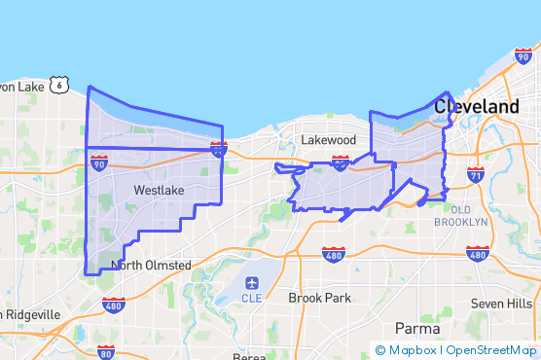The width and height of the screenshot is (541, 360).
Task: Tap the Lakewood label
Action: coord(328,140)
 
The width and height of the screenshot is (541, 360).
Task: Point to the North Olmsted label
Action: coord(149,265)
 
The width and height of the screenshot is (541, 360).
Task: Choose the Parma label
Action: coord(417,328)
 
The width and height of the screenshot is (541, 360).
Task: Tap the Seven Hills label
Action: coord(501,303)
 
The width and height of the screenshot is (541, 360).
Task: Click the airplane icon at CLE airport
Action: coord(253,283)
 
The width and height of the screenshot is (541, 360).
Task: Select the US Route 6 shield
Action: coord(61,86)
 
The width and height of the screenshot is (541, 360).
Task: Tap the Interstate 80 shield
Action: coord(106,351)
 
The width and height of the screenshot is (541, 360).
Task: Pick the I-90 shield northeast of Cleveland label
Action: coord(522,57)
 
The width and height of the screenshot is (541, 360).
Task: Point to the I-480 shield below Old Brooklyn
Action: coord(477,255)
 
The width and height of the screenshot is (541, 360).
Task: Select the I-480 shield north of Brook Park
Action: coord(334,254)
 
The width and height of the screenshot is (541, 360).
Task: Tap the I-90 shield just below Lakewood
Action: coord(341,163)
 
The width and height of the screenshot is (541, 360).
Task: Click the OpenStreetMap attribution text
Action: coord(491,350)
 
